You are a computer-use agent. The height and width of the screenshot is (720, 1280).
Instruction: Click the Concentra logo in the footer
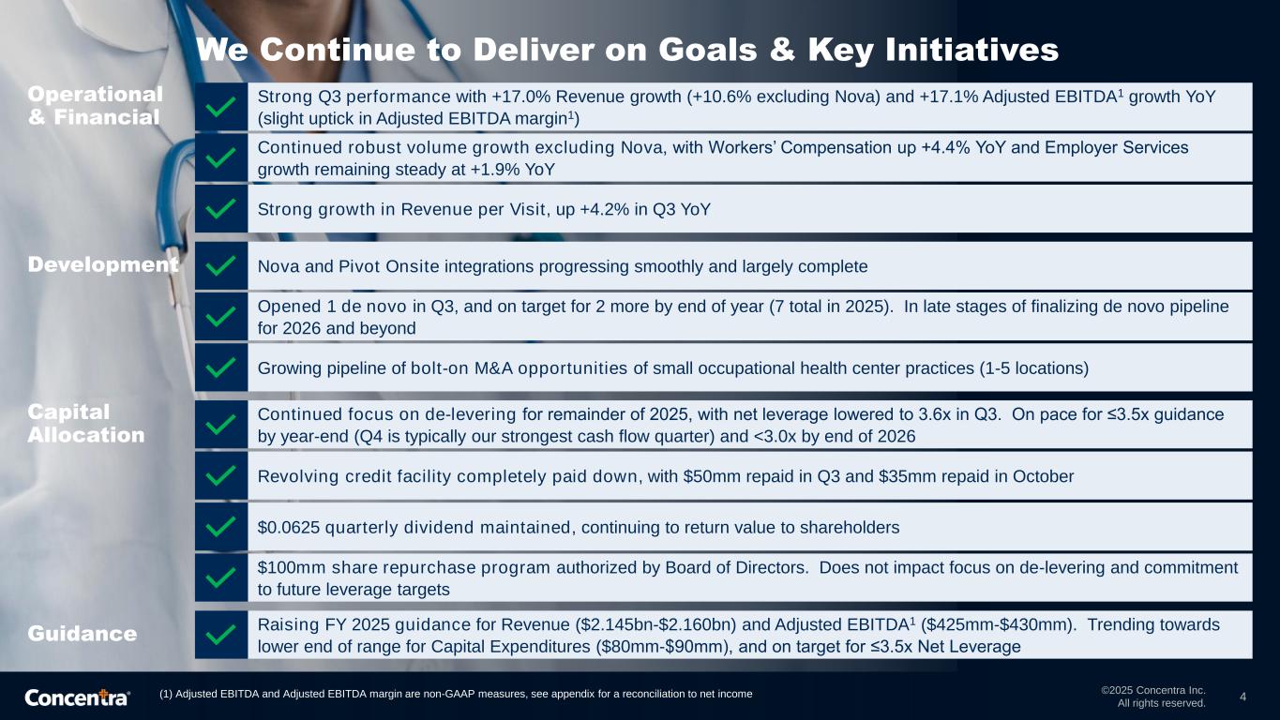coord(77,697)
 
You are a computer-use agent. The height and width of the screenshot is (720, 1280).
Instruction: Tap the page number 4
coord(1242,697)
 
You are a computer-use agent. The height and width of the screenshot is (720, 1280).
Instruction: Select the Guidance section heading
coord(83,633)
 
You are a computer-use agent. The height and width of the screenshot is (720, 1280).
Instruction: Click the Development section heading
coord(103,264)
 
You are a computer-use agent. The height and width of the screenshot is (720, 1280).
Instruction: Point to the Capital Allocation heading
coord(85,424)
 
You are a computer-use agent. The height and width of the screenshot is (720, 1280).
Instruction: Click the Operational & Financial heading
coord(95,106)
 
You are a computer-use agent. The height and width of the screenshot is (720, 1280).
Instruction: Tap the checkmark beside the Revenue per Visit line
coord(220,208)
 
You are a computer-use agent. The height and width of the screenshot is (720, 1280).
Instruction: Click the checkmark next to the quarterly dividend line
coord(220,526)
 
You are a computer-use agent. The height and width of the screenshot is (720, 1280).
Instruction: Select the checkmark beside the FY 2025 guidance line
coord(220,635)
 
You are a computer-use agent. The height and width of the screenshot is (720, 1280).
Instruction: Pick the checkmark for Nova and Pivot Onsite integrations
coord(220,265)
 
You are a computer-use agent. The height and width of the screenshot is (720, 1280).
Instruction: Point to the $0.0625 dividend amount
coord(289,527)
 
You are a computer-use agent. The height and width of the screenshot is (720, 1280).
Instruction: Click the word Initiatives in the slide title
coord(971,49)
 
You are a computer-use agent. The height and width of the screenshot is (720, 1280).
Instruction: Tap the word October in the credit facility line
coord(1043,476)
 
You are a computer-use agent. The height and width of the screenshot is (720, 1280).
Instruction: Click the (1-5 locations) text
coord(1033,368)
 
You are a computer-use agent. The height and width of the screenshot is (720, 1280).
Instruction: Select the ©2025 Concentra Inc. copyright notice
coord(1153,690)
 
